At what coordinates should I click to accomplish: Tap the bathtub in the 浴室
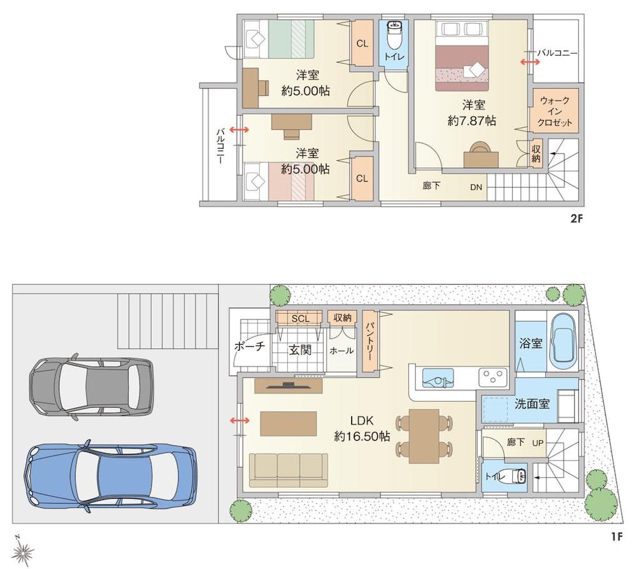coord(562,341)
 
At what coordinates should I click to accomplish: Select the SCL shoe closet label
coord(300,319)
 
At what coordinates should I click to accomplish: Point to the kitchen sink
coord(438,378)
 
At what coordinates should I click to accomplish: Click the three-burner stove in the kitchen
coord(493,377)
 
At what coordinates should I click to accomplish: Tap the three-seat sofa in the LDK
coord(289,470)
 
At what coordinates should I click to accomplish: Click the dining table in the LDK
coord(424,436)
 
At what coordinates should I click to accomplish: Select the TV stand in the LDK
coord(289,386)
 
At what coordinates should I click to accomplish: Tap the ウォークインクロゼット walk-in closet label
coord(555,111)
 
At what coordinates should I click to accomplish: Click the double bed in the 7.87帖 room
coord(462,56)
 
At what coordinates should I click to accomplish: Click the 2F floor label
coord(576,219)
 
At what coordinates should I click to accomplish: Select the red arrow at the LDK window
coord(240,421)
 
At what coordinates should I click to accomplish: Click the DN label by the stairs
coord(476,187)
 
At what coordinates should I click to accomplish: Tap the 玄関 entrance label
coord(300,350)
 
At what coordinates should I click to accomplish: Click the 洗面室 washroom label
coord(532,404)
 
